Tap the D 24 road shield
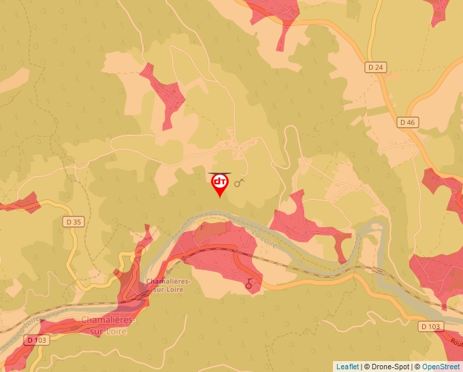(x=375, y=67)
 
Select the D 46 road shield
(x=406, y=122)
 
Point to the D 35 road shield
(x=73, y=222)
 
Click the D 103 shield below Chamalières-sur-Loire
(x=37, y=339)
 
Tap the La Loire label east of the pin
(x=265, y=240)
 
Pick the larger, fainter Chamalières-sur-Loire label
(x=109, y=325)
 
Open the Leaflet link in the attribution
(x=347, y=367)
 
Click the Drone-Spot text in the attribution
(x=387, y=367)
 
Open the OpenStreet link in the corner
(x=441, y=367)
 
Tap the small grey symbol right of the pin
(x=238, y=183)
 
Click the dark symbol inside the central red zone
(x=249, y=284)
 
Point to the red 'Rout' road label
(x=454, y=337)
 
